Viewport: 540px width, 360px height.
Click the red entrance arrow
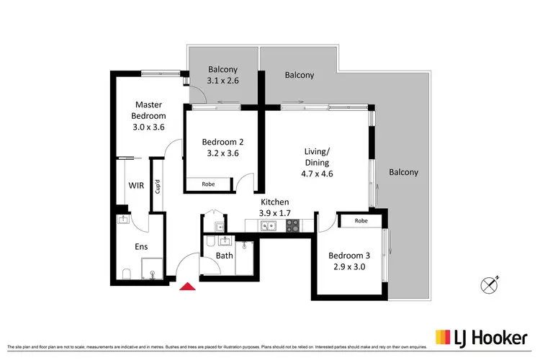pos(187,287)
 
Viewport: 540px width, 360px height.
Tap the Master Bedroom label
pos(149,116)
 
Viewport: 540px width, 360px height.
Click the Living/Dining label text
pos(318,162)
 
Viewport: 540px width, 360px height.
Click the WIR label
pos(136,186)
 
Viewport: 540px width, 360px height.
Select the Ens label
pos(141,246)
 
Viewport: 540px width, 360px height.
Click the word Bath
pos(224,256)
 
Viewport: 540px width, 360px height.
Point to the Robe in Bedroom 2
pos(208,184)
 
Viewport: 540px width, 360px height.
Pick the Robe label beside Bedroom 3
pos(361,221)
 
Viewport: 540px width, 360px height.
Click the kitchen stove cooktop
pos(294,226)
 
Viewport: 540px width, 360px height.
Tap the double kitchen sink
pos(269,226)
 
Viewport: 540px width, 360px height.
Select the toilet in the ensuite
pos(125,273)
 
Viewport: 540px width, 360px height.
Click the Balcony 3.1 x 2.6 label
pos(222,75)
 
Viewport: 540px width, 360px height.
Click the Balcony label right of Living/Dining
pos(403,172)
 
